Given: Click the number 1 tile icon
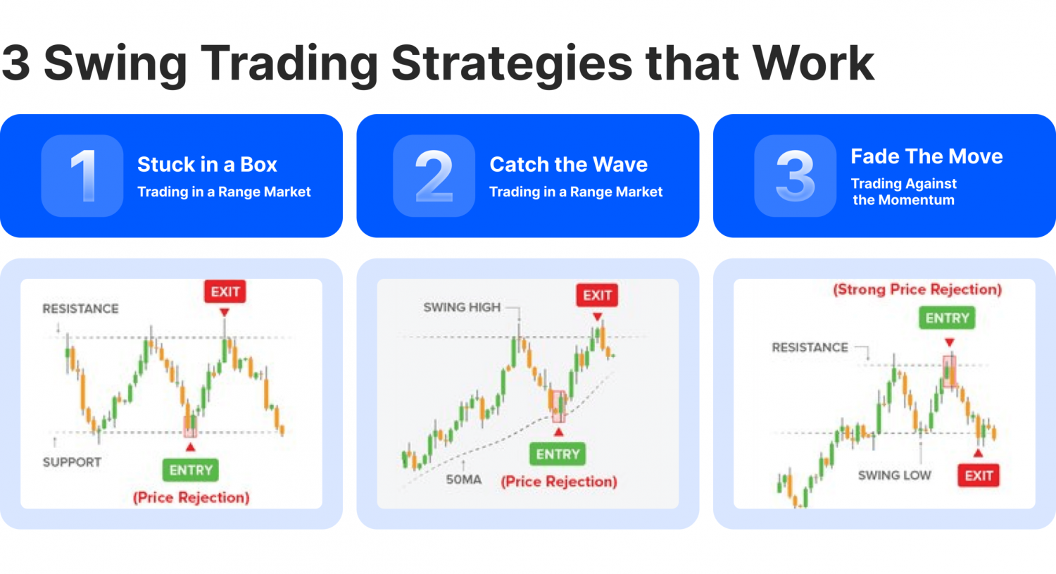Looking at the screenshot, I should (82, 175).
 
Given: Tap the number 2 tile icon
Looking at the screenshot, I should (434, 175).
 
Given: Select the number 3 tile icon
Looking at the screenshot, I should (795, 175).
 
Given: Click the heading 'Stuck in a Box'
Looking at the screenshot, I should (207, 164).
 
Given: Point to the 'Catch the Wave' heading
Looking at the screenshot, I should (568, 164).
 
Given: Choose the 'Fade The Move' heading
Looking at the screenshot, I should (926, 156).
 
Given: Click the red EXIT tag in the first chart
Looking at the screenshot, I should (225, 292).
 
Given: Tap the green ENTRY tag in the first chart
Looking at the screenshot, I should (191, 470).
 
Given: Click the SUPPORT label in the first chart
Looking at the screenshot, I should (72, 462).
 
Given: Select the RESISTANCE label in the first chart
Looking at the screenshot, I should (80, 308).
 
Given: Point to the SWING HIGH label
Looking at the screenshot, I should (462, 307).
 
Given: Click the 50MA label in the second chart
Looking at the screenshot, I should (463, 480).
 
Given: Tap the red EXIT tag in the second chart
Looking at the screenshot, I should (597, 295).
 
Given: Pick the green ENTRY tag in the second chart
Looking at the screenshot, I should (558, 454).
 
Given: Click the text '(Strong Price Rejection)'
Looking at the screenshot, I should (917, 289).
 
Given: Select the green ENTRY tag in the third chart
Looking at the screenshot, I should (947, 318).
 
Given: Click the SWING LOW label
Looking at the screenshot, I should (894, 475).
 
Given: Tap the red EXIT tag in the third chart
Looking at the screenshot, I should (979, 475).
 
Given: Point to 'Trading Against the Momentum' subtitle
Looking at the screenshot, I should (904, 192).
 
